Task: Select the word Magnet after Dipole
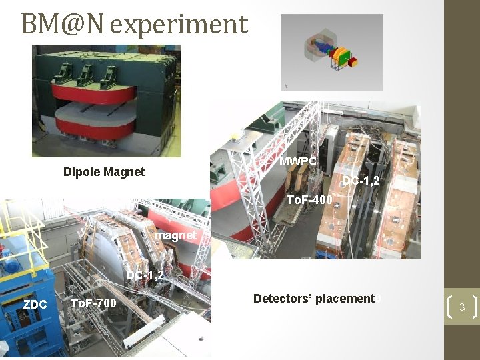[125, 172]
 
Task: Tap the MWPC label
[297, 161]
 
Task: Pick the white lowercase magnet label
[175, 235]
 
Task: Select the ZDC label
[35, 305]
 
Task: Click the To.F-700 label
[93, 305]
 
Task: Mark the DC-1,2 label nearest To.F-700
[145, 275]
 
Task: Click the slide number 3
[461, 307]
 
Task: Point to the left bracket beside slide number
[449, 307]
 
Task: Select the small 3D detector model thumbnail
[332, 53]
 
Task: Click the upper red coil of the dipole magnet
[100, 92]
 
